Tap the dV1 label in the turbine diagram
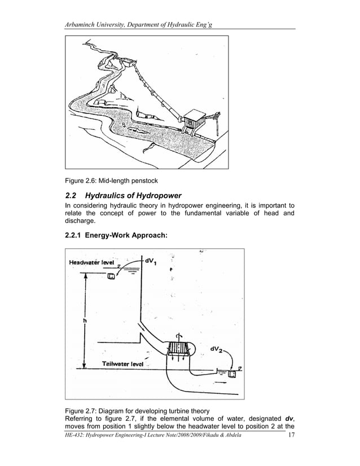(x=151, y=261)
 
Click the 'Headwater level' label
(x=91, y=262)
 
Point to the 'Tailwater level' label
(x=122, y=363)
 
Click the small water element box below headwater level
(x=111, y=276)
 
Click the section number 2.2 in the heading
(x=73, y=196)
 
